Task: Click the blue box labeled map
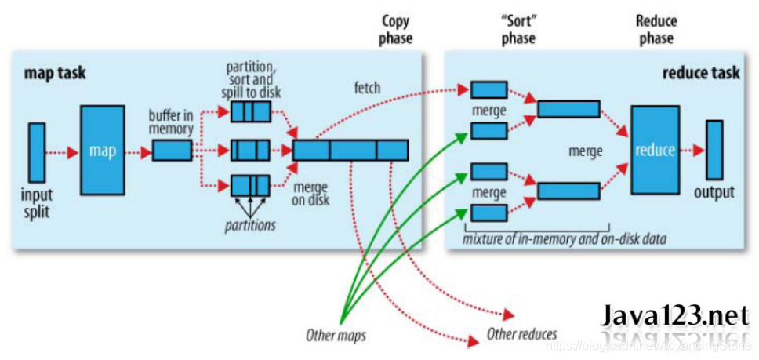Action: tap(102, 150)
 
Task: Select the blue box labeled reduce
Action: tap(655, 150)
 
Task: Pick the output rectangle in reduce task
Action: tap(714, 150)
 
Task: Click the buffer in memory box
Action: tap(172, 150)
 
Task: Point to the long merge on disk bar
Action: tap(350, 150)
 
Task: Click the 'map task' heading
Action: tap(55, 74)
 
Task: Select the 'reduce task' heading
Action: tap(701, 73)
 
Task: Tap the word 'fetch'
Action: tap(366, 88)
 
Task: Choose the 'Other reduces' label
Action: tap(521, 334)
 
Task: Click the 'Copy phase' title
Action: tap(396, 29)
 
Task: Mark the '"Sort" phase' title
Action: tap(518, 29)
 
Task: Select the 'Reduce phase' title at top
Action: tap(655, 29)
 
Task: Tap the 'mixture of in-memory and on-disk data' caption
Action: tap(565, 238)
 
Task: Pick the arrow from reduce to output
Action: tap(692, 150)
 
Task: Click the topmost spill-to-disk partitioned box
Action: tap(250, 112)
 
